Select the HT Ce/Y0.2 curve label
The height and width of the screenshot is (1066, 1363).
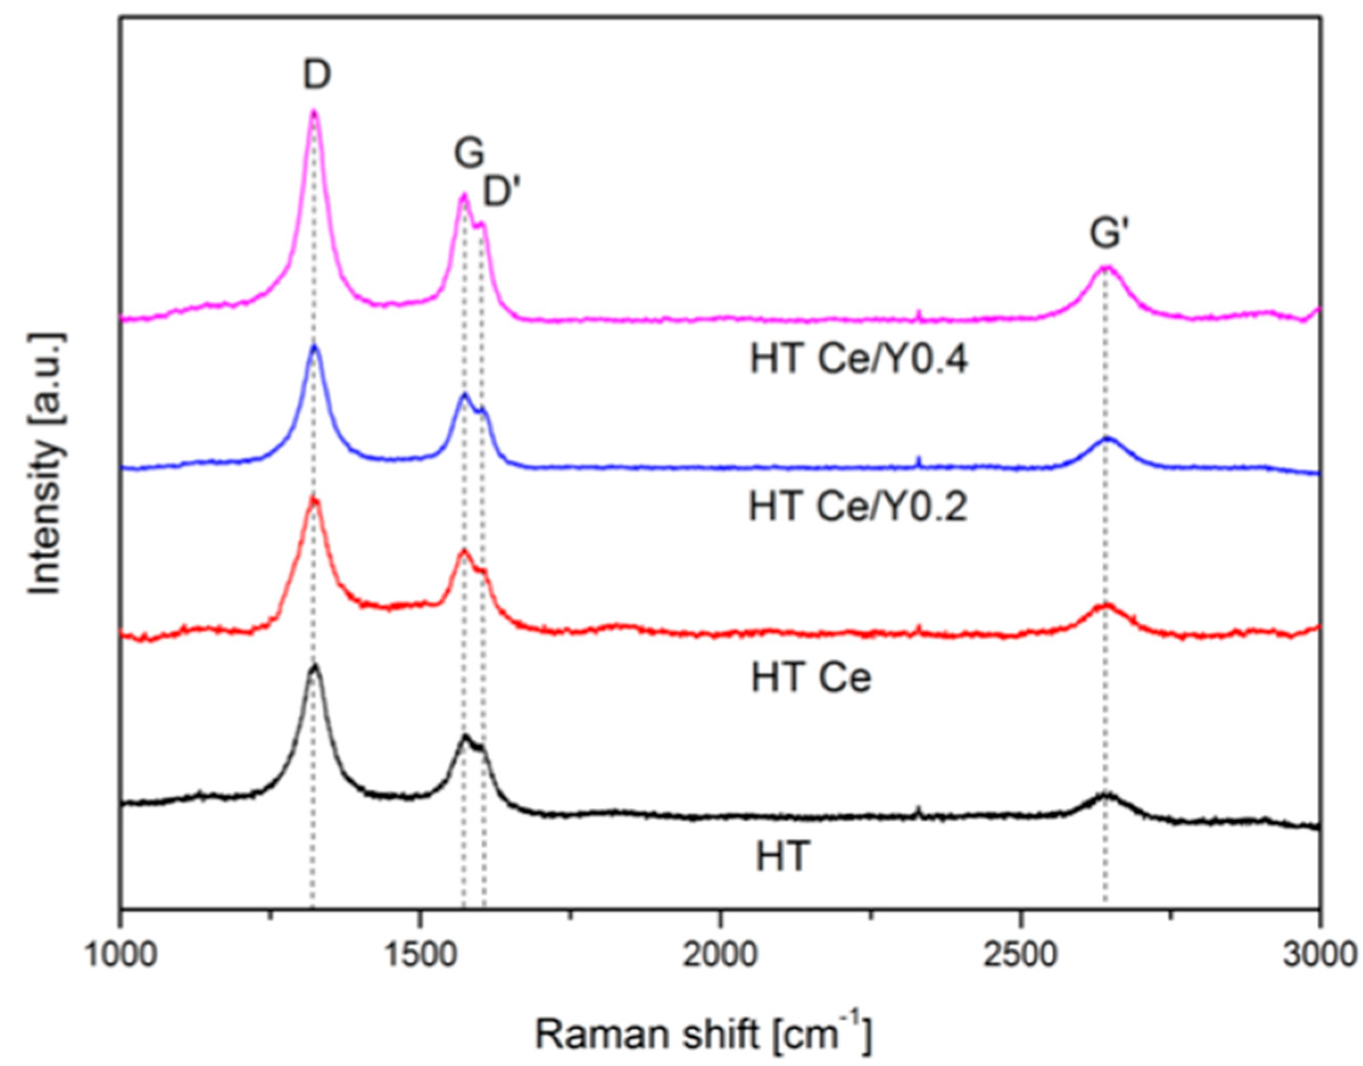[x=857, y=507]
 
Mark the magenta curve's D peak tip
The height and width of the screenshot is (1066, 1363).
[x=314, y=110]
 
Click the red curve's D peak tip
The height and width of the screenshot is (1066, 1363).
[x=314, y=498]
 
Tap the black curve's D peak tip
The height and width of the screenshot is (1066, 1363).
[x=315, y=665]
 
